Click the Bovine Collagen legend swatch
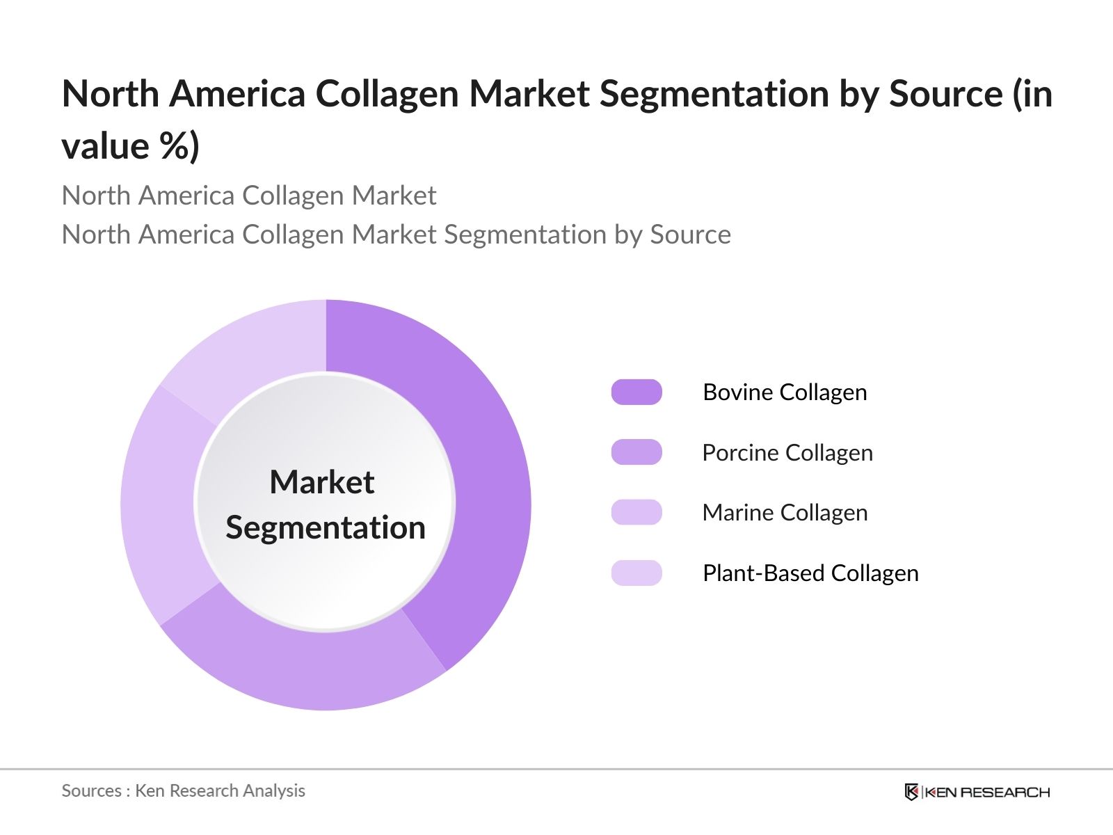point(636,392)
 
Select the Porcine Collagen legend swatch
point(636,452)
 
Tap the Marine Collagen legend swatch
point(636,513)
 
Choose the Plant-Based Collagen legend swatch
point(636,573)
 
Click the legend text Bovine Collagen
point(785,392)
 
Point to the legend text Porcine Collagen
point(787,453)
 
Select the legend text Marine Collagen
point(785,513)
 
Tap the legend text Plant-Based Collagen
point(810,573)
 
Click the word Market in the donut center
point(322,482)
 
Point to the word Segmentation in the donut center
point(326,527)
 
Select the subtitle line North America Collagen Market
point(249,196)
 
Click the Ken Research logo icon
point(911,792)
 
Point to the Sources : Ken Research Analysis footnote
point(184,790)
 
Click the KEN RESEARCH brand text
point(987,792)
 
